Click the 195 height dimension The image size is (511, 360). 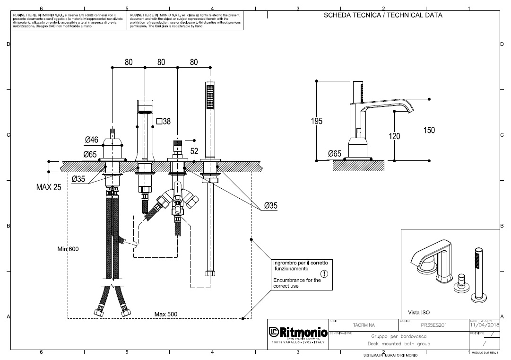[x=317, y=121]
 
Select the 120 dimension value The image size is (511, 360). [x=394, y=136]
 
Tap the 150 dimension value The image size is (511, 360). [x=429, y=130]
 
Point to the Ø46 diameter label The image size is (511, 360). [x=92, y=140]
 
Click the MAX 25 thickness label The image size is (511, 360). [x=49, y=187]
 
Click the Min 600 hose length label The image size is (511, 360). [x=68, y=248]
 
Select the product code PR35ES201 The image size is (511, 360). [x=433, y=325]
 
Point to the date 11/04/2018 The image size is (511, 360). [x=485, y=325]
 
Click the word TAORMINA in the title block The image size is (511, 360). [x=364, y=325]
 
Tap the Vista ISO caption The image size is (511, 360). [x=419, y=312]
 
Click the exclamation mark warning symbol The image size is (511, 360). [x=324, y=273]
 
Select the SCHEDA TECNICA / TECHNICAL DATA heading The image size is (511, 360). [x=383, y=15]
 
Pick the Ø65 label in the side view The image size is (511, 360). [x=334, y=153]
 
